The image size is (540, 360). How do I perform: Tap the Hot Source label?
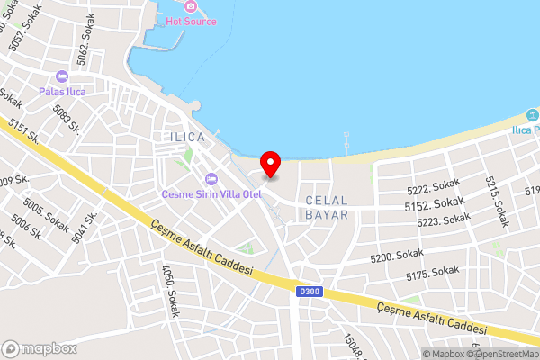(x=190, y=20)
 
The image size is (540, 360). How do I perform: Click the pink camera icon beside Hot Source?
(x=190, y=6)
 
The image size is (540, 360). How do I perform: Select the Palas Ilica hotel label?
(x=62, y=91)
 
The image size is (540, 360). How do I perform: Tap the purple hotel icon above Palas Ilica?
(x=62, y=77)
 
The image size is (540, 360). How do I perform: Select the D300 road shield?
(x=307, y=290)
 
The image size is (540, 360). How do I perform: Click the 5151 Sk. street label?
(x=22, y=132)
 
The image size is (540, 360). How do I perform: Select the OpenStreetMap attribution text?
(x=502, y=353)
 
